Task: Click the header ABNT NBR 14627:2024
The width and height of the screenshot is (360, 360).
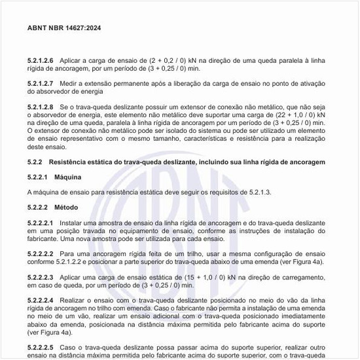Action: (x=63, y=28)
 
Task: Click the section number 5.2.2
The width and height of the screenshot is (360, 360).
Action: (x=35, y=161)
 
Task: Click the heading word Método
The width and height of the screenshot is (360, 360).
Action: (x=66, y=207)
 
